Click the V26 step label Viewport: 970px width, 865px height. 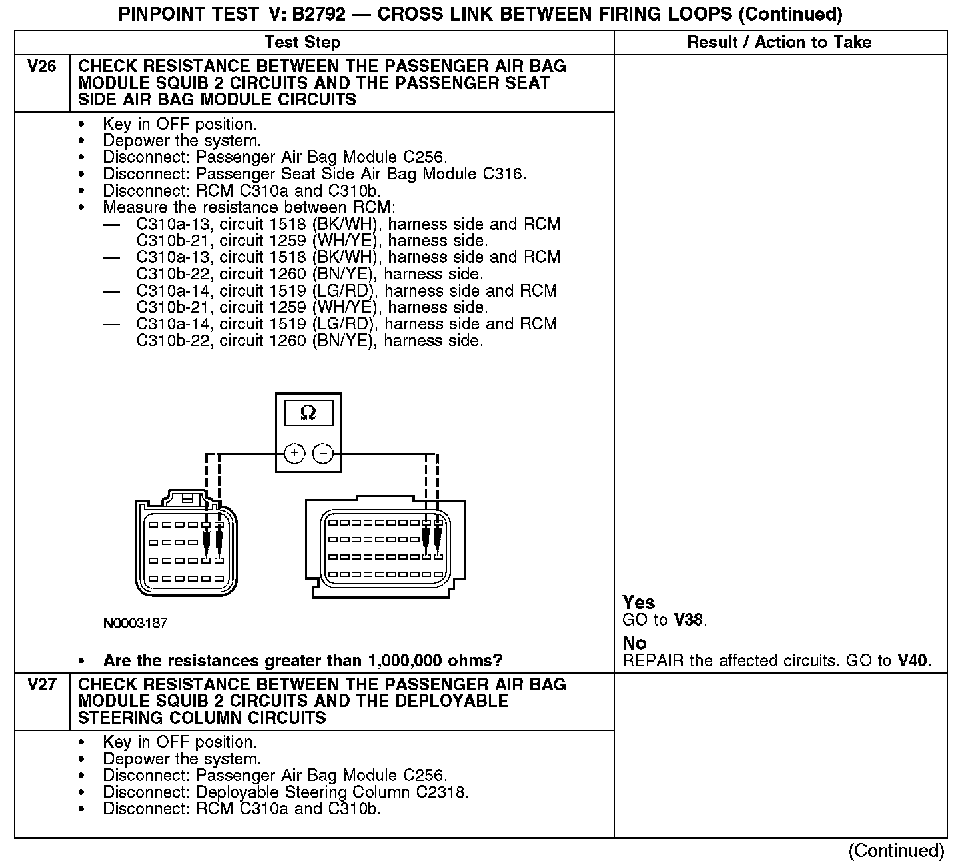[x=41, y=67]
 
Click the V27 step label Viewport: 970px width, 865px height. [x=41, y=685]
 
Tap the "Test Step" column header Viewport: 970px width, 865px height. [x=302, y=43]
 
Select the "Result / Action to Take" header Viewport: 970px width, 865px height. [x=779, y=43]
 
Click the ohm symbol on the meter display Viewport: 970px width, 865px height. [x=308, y=413]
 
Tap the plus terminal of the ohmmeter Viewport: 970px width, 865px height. [x=294, y=454]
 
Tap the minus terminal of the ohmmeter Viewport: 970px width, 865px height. [x=323, y=454]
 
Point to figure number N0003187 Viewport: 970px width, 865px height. [x=135, y=624]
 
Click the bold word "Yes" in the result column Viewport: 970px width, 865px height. [x=639, y=602]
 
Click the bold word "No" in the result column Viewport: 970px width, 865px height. [x=634, y=643]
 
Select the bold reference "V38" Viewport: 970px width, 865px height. [x=688, y=620]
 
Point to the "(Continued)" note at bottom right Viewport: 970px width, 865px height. [x=896, y=850]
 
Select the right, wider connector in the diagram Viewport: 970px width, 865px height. [x=384, y=547]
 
